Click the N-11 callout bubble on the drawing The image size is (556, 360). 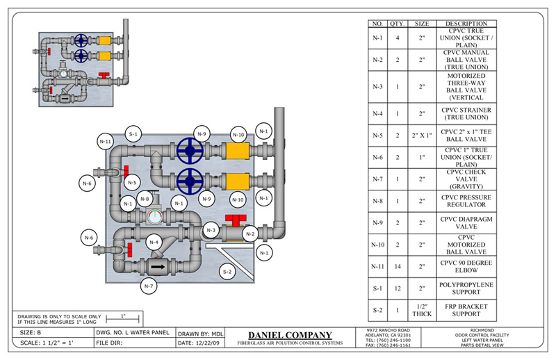(105, 141)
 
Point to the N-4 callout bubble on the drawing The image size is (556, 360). (154, 243)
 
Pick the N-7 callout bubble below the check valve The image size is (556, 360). (148, 286)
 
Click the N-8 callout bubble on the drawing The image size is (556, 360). (145, 199)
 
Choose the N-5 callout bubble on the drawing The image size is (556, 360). (131, 183)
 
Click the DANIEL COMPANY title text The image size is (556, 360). (291, 335)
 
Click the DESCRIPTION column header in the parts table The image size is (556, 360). (466, 24)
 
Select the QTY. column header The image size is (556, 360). (398, 24)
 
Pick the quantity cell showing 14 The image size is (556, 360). (398, 265)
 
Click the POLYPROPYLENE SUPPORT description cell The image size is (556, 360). (466, 289)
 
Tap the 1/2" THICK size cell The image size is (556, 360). (422, 310)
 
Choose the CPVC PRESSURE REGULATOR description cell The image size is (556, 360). (466, 201)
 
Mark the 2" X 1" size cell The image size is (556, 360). (422, 136)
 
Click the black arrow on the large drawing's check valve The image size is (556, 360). (159, 265)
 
